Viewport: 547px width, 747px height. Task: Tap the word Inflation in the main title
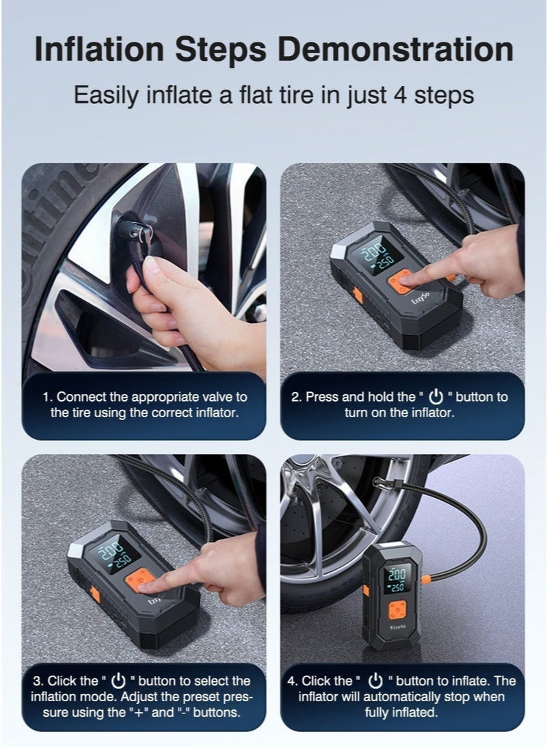[x=99, y=49]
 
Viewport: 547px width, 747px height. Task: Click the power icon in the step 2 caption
[x=436, y=396]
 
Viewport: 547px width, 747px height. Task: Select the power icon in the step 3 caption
[x=118, y=681]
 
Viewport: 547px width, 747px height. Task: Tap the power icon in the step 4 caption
[x=376, y=681]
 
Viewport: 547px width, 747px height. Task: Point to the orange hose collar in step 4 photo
[x=427, y=580]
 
